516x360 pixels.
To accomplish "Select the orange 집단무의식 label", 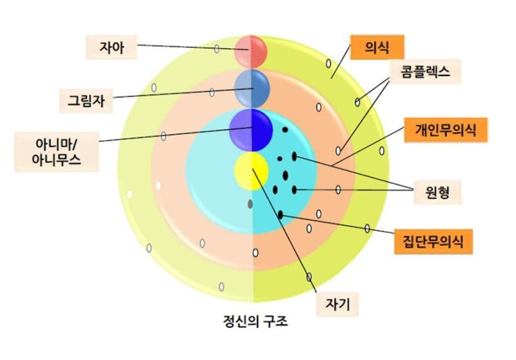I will (432, 242).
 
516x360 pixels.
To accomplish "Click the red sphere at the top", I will (251, 52).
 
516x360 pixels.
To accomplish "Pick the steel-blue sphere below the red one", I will (251, 88).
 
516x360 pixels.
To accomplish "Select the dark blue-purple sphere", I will (251, 129).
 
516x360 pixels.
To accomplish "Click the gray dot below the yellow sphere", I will (250, 204).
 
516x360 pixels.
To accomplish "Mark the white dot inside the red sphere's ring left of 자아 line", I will (217, 49).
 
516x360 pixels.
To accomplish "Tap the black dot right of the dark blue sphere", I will (284, 130).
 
